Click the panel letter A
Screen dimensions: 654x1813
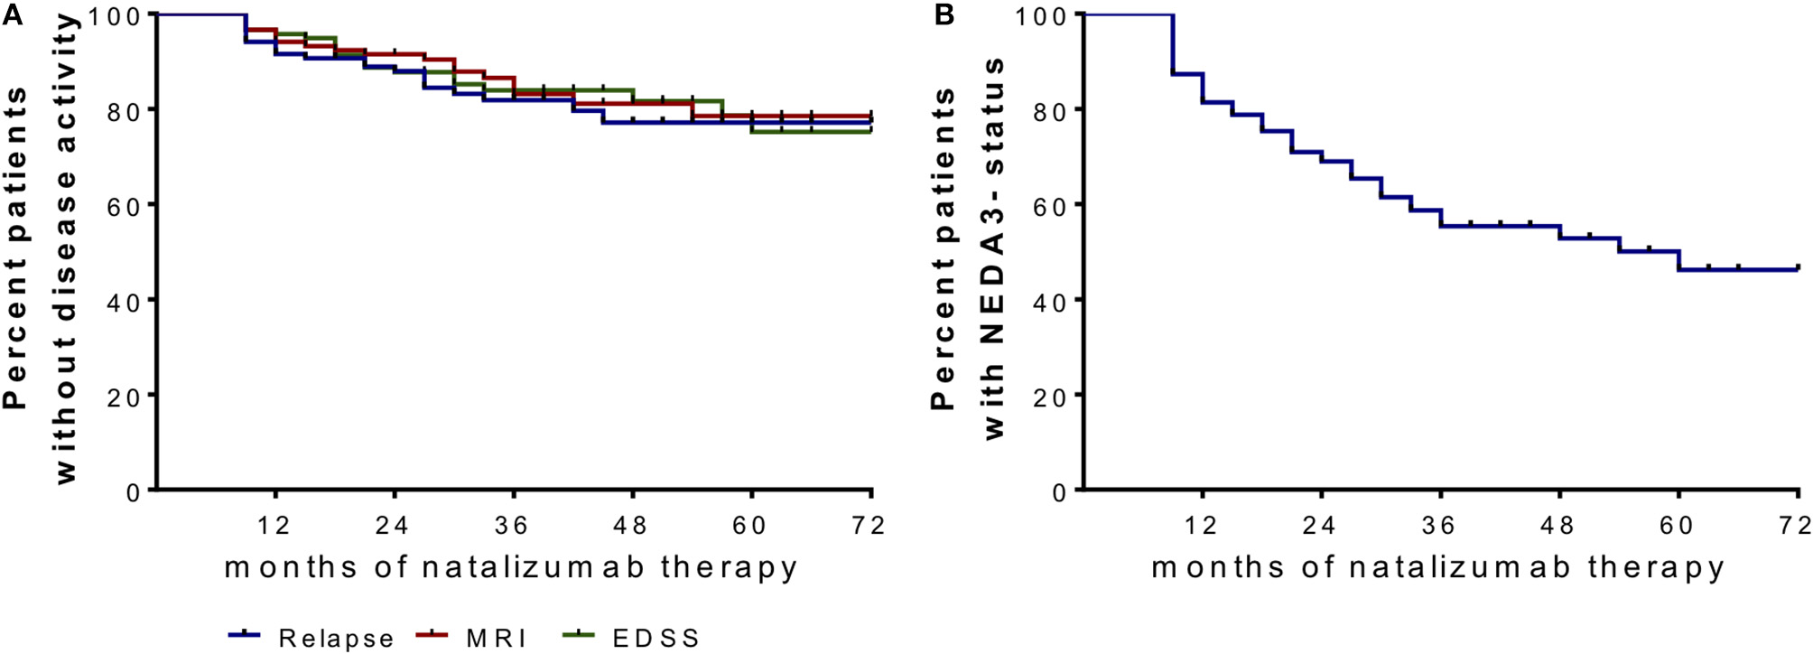[13, 15]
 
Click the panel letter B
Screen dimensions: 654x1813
[944, 15]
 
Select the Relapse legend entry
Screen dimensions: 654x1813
[335, 638]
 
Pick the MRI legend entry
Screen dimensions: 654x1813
[496, 638]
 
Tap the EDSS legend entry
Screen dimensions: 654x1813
[655, 638]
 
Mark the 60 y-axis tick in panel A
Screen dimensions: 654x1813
[125, 206]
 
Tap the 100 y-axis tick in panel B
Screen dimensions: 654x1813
[1044, 16]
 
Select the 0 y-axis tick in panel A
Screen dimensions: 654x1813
[134, 491]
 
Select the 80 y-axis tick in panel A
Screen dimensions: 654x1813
[125, 111]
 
